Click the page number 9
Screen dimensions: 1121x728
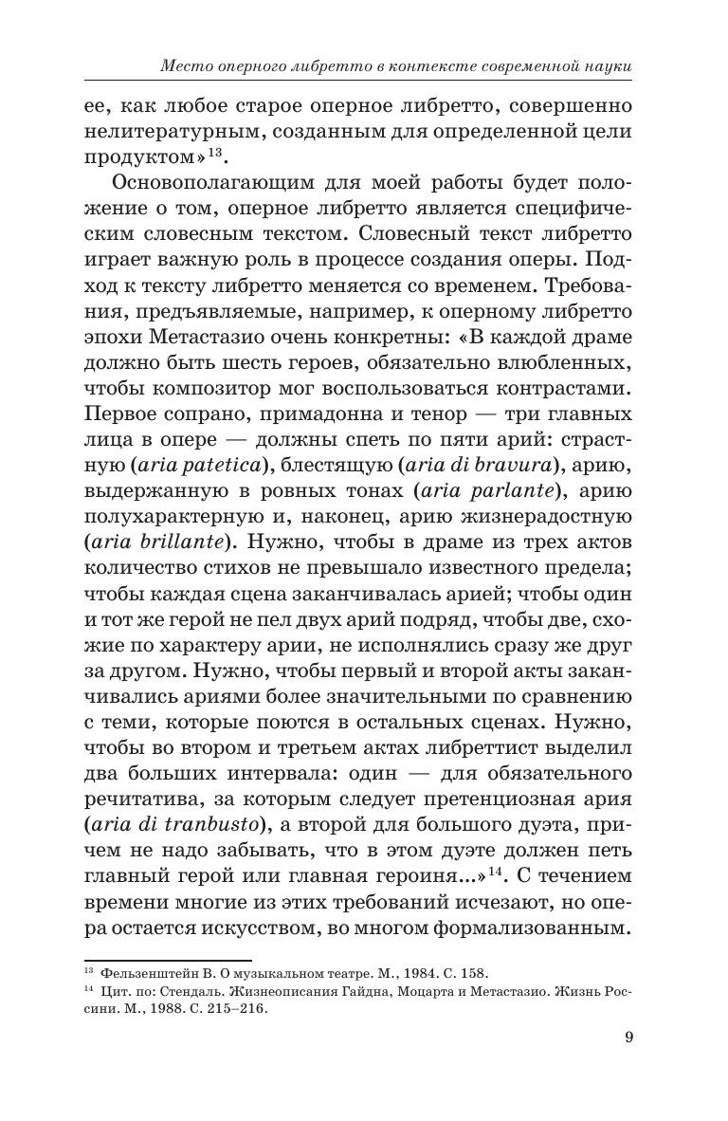tap(629, 1036)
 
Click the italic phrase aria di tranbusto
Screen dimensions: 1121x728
tap(189, 825)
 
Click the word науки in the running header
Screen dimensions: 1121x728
tap(606, 66)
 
